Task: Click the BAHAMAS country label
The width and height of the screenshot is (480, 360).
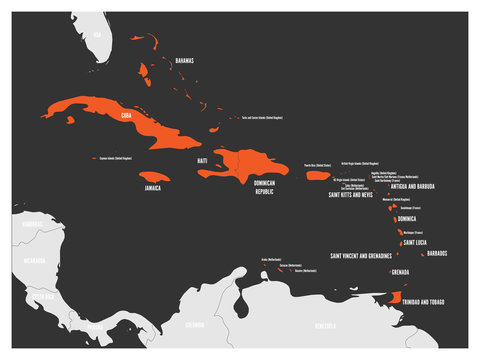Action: [184, 61]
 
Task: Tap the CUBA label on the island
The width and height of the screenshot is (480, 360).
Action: [126, 115]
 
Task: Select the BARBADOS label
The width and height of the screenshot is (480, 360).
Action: [436, 254]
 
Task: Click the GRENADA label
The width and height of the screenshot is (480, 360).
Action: [400, 272]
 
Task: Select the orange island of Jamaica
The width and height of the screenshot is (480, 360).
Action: [154, 176]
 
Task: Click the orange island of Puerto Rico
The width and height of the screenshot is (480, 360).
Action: [318, 175]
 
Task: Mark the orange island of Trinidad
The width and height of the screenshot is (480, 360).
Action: [396, 297]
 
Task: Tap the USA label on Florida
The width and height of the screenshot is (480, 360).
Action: [97, 33]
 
